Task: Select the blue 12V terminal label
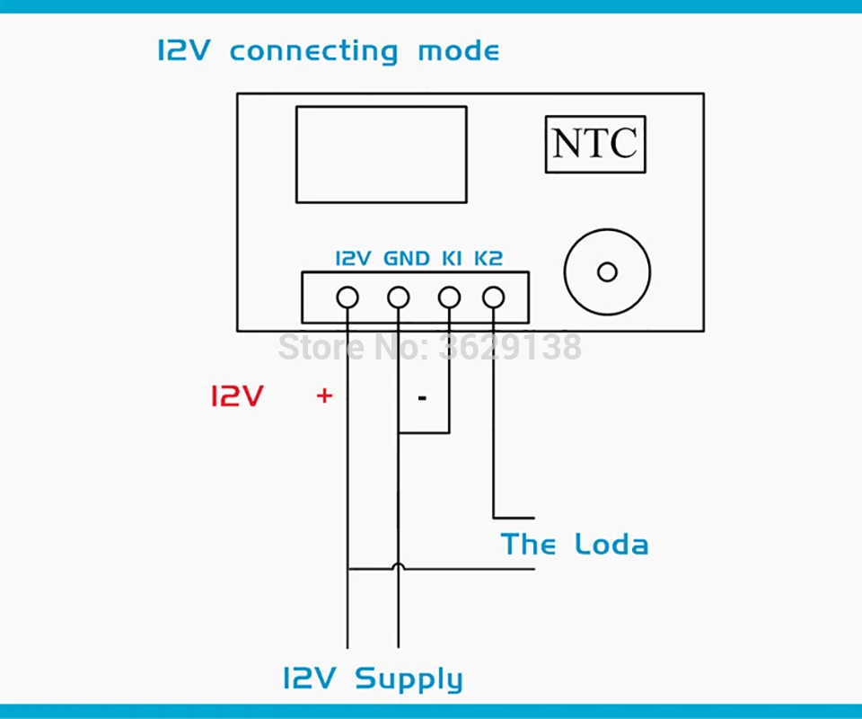tap(354, 258)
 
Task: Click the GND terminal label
tap(406, 258)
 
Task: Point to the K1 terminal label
tap(452, 258)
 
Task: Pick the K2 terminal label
tap(488, 258)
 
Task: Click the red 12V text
tap(237, 396)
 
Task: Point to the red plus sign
tap(324, 395)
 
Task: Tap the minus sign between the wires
tap(422, 398)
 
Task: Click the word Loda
tap(611, 544)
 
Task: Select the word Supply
tap(409, 679)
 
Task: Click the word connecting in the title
tap(314, 52)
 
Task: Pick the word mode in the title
tap(459, 51)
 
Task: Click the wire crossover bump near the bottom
tap(399, 566)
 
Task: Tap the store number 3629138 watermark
tap(510, 347)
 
